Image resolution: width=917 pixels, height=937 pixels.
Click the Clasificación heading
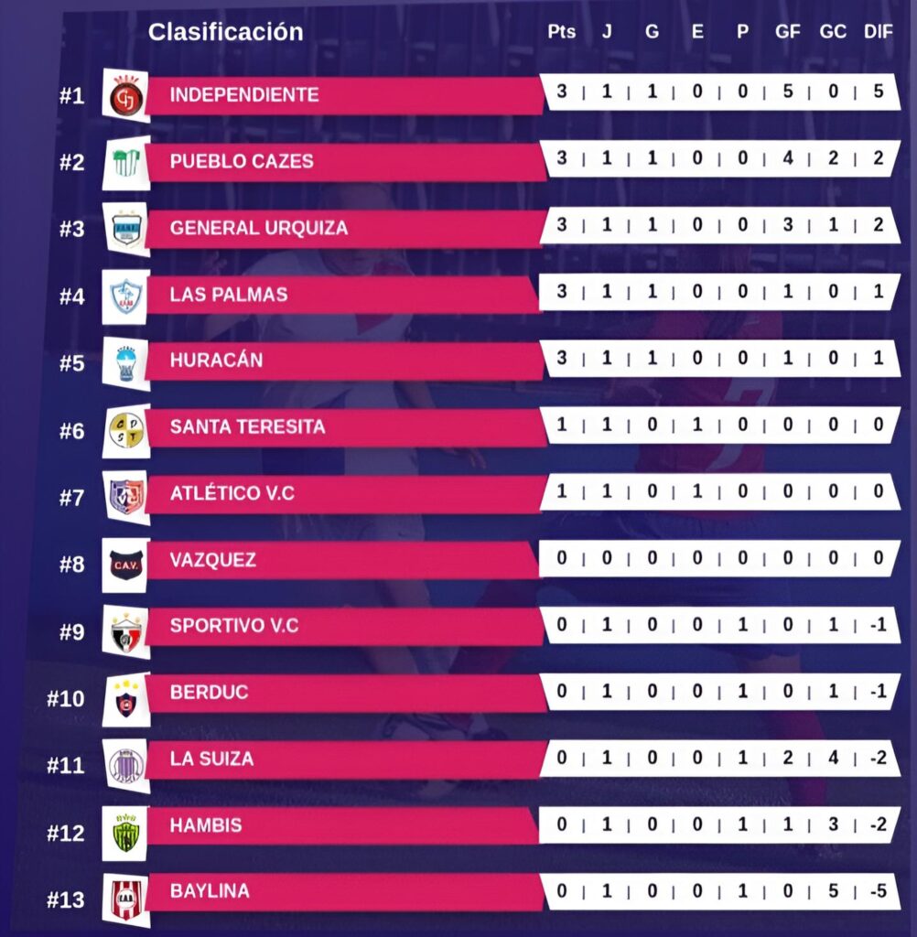point(225,32)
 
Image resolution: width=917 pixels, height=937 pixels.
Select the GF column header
point(787,32)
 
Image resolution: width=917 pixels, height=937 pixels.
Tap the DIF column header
point(878,32)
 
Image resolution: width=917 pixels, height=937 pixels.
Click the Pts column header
point(561,32)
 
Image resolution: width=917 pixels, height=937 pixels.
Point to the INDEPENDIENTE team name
point(244,94)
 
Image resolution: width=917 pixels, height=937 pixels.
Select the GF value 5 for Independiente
point(787,92)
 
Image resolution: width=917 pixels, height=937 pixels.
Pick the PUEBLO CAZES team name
point(242,161)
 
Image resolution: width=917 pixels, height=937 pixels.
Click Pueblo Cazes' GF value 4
point(787,159)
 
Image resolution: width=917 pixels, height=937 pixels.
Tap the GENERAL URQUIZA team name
point(259,228)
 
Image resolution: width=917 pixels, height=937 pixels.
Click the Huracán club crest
point(125,362)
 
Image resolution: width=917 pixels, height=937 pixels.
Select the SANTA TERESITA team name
point(247,426)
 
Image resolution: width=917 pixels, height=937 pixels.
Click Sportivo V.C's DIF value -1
point(878,626)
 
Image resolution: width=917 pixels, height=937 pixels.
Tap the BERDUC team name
point(209,693)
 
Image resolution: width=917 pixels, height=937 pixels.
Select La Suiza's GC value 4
point(833,759)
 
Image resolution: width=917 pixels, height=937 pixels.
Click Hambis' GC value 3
point(833,825)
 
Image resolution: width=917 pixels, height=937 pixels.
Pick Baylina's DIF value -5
point(878,891)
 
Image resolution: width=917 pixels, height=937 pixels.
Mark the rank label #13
point(66,900)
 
